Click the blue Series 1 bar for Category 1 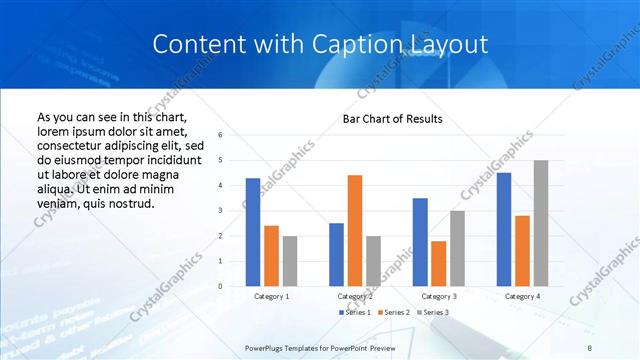[x=253, y=232]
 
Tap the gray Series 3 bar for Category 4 [x=540, y=223]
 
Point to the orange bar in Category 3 [x=438, y=263]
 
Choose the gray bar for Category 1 [x=290, y=261]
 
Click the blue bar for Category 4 [x=504, y=229]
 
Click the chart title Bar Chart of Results [x=393, y=120]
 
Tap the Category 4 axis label [x=522, y=296]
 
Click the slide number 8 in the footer [x=590, y=346]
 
